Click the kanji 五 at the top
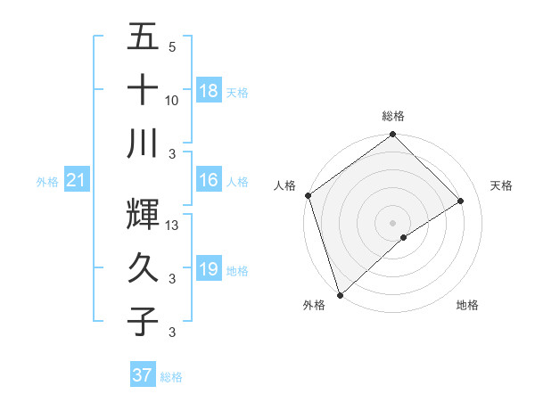point(143,37)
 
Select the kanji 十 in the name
point(143,91)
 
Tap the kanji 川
point(143,144)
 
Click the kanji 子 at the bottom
point(143,321)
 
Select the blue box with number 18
point(208,91)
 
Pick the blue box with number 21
point(76,181)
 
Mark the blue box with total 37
point(142,375)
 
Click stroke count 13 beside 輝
point(173,226)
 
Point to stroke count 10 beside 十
point(172,101)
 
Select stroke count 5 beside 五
point(172,47)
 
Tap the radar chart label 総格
point(392,116)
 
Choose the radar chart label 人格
point(285,185)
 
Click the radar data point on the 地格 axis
point(404,237)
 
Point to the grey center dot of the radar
point(392,221)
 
